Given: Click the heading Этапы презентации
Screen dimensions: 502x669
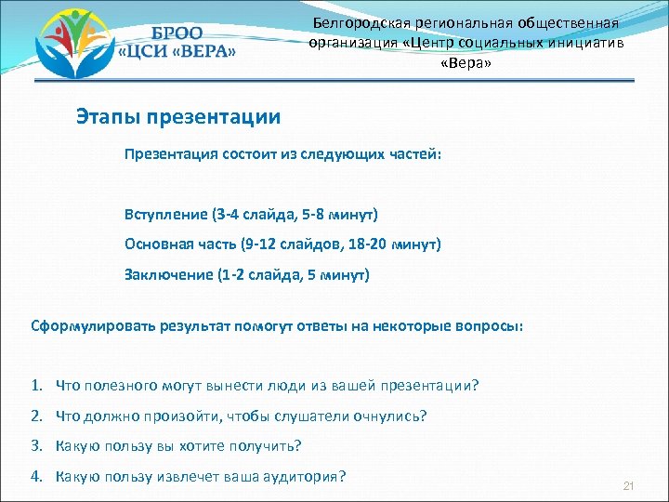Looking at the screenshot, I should [x=177, y=118].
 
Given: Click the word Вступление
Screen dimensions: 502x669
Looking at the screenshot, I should [x=166, y=215].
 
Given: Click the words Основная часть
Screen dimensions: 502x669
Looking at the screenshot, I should [x=177, y=244].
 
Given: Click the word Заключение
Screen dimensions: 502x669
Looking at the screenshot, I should [x=168, y=274].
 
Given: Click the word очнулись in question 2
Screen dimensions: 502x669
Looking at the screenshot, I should [x=392, y=416].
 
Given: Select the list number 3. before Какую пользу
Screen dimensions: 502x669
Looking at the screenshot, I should [x=36, y=446].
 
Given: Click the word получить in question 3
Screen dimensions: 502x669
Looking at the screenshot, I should [x=269, y=446].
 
